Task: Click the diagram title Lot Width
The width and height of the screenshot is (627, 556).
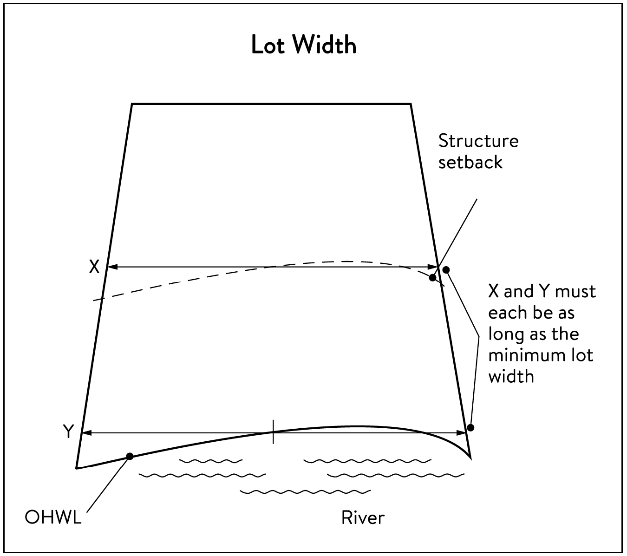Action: pos(304,45)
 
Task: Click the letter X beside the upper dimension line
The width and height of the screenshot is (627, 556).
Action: pos(94,267)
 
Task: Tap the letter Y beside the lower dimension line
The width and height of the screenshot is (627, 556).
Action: pos(69,431)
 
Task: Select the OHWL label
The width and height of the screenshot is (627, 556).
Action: pos(53,517)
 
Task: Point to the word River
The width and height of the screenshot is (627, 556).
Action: pos(363,517)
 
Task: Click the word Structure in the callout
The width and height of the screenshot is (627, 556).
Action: pos(478,141)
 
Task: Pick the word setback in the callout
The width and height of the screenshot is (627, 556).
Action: pos(470,162)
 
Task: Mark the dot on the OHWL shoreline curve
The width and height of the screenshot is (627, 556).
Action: pos(130,456)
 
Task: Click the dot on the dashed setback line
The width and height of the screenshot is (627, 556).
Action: pos(433,278)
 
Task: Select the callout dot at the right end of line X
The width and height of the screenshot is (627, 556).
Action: pos(446,270)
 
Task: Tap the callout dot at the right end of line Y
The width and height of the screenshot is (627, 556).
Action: pos(470,427)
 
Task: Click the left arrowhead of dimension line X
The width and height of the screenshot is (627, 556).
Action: pos(112,267)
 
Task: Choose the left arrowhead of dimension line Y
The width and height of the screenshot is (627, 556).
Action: pos(87,433)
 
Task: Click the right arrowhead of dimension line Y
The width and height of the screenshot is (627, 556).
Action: pos(461,433)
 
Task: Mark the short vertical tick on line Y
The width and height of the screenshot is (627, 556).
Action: pos(273,432)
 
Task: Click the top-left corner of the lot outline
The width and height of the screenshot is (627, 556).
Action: pos(132,104)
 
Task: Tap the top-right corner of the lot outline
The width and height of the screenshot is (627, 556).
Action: pos(411,104)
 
